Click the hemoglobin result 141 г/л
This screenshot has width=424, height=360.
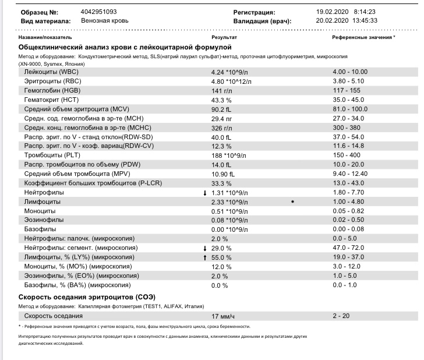click(x=221, y=91)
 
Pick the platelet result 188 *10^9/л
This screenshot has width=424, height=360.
click(x=229, y=156)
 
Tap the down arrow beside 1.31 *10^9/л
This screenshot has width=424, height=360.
click(x=204, y=193)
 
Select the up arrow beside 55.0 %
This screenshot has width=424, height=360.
click(x=204, y=257)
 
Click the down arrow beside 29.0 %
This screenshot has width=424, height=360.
click(x=204, y=248)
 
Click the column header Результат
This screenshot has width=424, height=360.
click(x=223, y=37)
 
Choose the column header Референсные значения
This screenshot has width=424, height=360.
click(x=362, y=37)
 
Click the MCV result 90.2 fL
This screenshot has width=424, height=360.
click(x=221, y=110)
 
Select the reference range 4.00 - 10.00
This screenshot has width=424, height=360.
click(x=350, y=72)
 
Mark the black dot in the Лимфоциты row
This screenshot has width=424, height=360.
click(x=292, y=202)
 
